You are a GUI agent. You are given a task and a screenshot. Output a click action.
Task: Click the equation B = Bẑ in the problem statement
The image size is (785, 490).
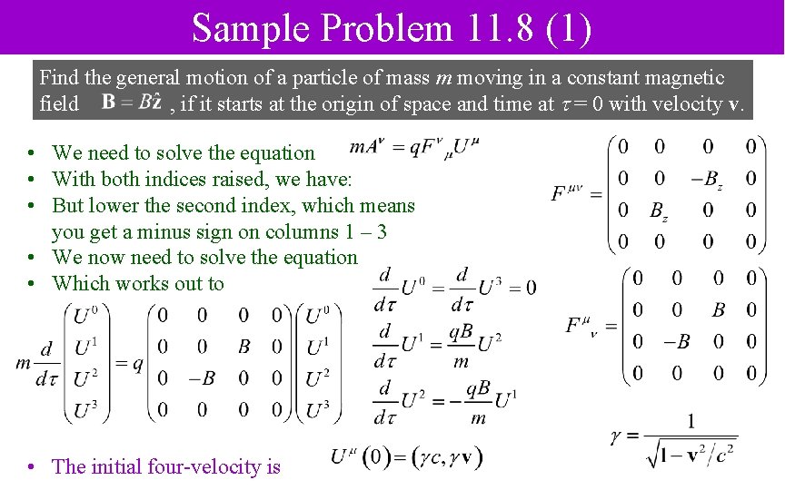132,103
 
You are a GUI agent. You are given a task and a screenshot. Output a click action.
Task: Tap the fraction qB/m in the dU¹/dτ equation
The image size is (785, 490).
461,346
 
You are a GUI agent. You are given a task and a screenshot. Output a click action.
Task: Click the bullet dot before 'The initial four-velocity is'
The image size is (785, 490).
31,467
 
